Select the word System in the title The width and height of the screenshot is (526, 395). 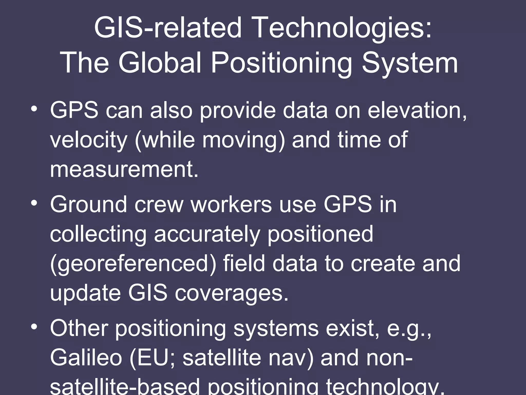coord(410,63)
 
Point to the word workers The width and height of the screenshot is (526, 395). coord(231,204)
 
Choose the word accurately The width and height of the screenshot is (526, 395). coord(207,234)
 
